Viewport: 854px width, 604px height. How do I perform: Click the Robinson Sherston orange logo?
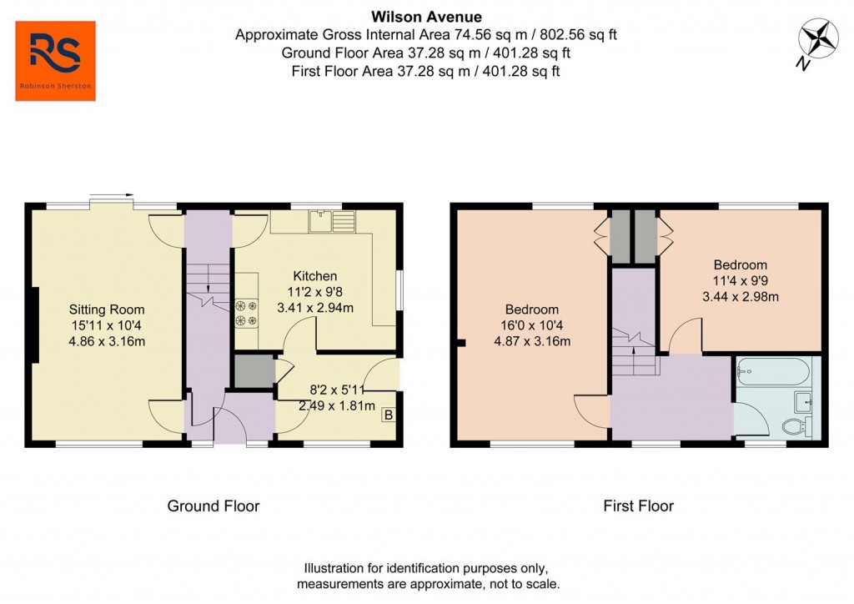point(56,61)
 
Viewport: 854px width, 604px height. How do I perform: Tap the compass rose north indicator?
point(816,41)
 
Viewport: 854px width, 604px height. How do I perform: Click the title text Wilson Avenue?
point(426,16)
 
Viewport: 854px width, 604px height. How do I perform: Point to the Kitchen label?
point(314,276)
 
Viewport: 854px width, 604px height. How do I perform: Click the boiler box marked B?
point(388,415)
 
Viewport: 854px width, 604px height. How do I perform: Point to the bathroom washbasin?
point(803,401)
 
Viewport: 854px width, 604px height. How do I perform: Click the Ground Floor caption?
point(213,506)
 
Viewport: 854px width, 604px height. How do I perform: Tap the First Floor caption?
point(638,506)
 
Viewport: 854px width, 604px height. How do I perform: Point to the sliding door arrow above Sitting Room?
point(111,197)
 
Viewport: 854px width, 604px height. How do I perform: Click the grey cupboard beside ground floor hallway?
point(254,372)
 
